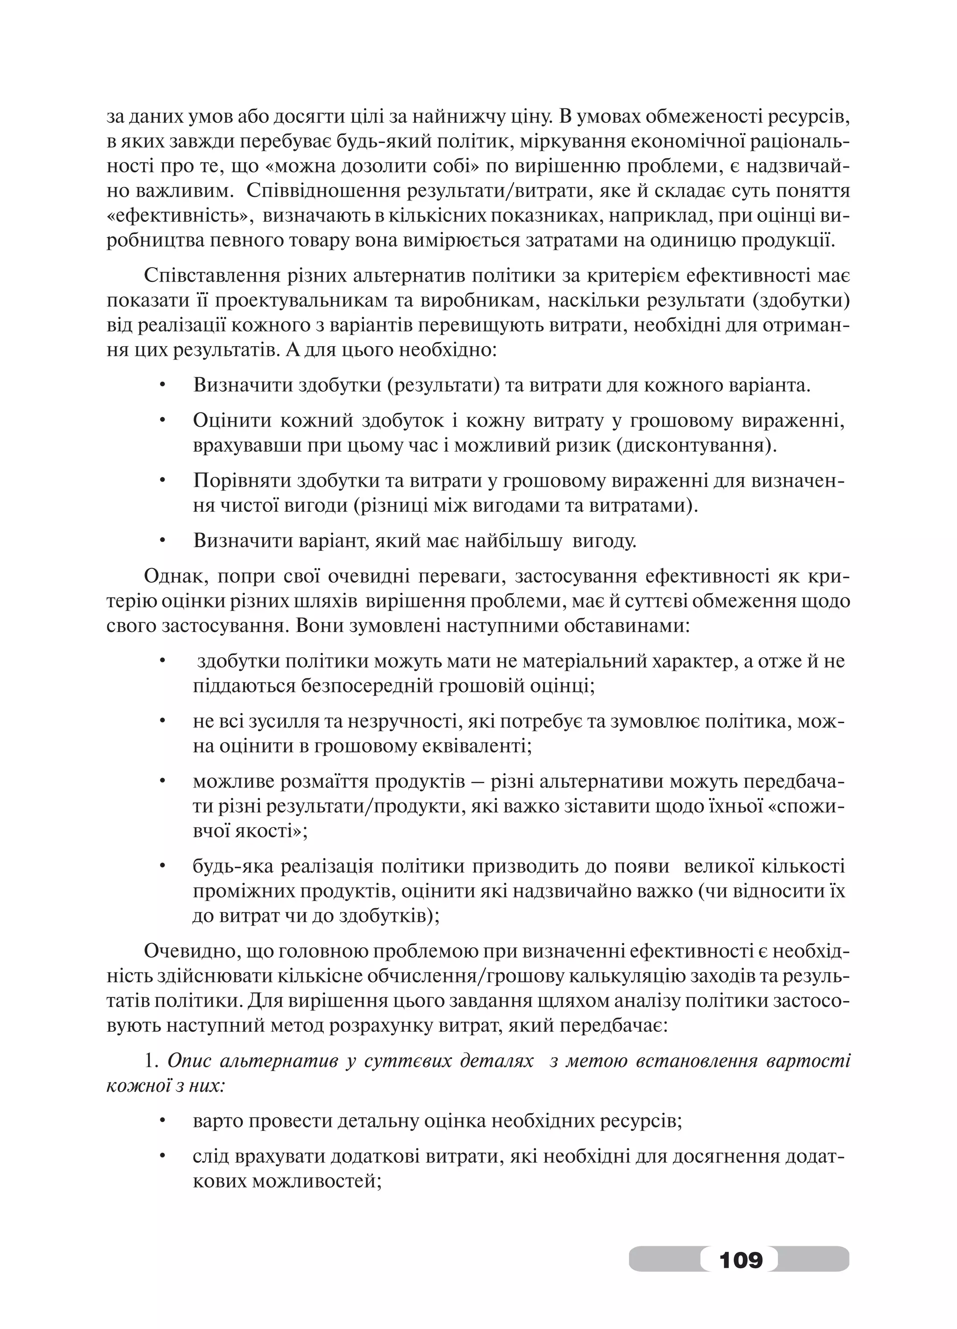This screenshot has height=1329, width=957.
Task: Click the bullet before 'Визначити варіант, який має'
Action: coord(164,540)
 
